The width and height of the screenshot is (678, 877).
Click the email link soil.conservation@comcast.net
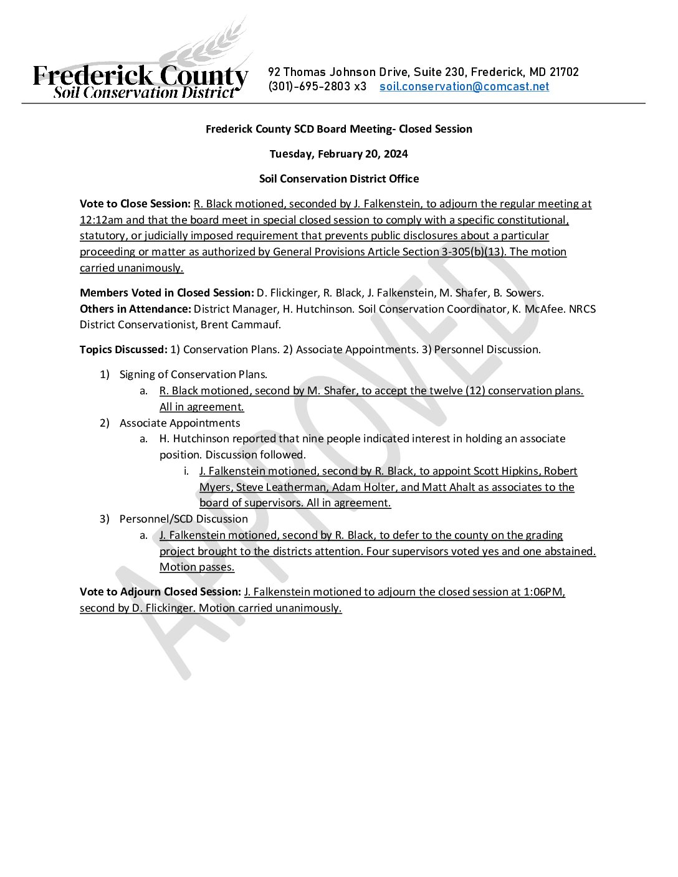pyautogui.click(x=464, y=87)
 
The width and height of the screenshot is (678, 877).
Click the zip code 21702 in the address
pyautogui.click(x=564, y=72)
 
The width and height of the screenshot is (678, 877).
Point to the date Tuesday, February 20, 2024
pyautogui.click(x=338, y=154)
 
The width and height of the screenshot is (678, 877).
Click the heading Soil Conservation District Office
pyautogui.click(x=338, y=179)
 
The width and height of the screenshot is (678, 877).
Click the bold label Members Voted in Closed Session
pyautogui.click(x=166, y=293)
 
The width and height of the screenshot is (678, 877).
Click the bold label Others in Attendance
pyautogui.click(x=135, y=309)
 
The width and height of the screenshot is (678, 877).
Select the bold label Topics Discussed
pyautogui.click(x=123, y=349)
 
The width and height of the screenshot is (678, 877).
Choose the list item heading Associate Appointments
pyautogui.click(x=179, y=423)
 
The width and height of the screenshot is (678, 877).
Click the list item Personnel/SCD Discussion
pyautogui.click(x=183, y=519)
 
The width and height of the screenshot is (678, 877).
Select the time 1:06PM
pyautogui.click(x=543, y=592)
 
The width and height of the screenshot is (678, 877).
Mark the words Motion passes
pyautogui.click(x=197, y=567)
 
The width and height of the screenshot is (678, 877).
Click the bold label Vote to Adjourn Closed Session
pyautogui.click(x=160, y=592)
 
